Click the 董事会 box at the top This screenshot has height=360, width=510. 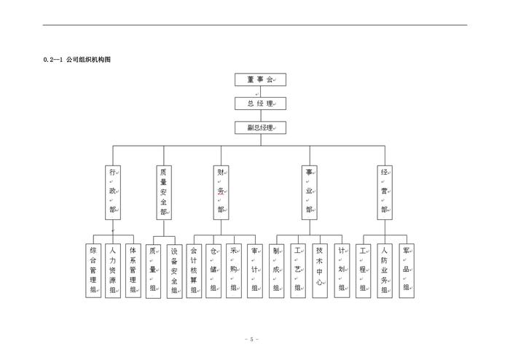(x=260, y=80)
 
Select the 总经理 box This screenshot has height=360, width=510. (x=260, y=103)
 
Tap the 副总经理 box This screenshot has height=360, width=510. (x=260, y=128)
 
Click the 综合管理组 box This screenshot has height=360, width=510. (x=93, y=270)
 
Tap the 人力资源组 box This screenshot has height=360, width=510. (x=112, y=270)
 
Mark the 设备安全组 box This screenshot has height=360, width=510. (x=174, y=270)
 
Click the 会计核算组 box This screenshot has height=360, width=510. (x=194, y=270)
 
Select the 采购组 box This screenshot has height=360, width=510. (x=234, y=270)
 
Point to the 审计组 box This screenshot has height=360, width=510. (x=254, y=270)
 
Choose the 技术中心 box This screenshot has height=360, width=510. (x=320, y=270)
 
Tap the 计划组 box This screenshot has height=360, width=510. (x=341, y=270)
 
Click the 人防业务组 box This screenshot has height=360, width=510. (x=384, y=270)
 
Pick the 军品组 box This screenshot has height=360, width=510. (x=407, y=270)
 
